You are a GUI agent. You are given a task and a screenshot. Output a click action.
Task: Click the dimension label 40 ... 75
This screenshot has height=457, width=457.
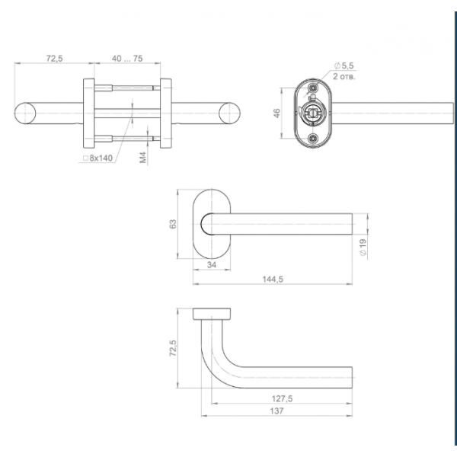[x=127, y=59]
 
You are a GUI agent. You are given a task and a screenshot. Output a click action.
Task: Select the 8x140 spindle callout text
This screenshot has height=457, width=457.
[x=101, y=158]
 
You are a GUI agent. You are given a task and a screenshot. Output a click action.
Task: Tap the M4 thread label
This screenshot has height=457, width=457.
[x=143, y=158]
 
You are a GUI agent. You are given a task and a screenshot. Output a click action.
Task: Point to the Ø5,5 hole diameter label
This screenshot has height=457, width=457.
[x=344, y=66]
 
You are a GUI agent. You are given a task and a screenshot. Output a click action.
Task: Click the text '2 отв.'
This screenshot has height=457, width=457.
[x=344, y=77]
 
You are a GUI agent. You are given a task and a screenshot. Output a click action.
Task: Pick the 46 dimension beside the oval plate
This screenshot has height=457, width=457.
[x=277, y=113]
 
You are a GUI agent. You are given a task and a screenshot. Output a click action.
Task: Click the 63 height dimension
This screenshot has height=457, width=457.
[x=173, y=224]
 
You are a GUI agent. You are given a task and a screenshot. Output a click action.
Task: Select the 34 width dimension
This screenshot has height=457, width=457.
[x=212, y=264]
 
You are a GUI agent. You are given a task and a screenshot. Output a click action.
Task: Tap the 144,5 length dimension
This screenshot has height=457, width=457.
[x=273, y=280]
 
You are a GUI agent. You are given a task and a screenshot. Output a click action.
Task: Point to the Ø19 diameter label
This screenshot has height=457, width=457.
[x=363, y=248]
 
